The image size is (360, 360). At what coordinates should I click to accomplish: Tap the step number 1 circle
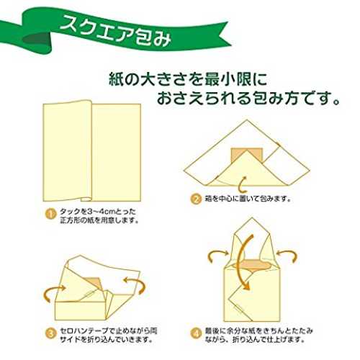point(50,214)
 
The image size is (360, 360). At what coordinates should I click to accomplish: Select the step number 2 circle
point(196,199)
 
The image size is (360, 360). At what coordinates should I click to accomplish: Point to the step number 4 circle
point(196,333)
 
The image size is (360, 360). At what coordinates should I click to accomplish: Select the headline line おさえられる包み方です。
point(248,98)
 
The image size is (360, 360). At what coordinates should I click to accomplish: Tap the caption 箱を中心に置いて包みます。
point(248,199)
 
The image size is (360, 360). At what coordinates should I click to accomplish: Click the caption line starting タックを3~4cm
point(97,212)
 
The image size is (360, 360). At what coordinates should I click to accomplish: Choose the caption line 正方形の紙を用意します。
point(99,220)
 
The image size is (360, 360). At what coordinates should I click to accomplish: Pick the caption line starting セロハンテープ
point(108,331)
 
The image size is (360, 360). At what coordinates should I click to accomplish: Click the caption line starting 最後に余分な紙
point(259,331)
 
